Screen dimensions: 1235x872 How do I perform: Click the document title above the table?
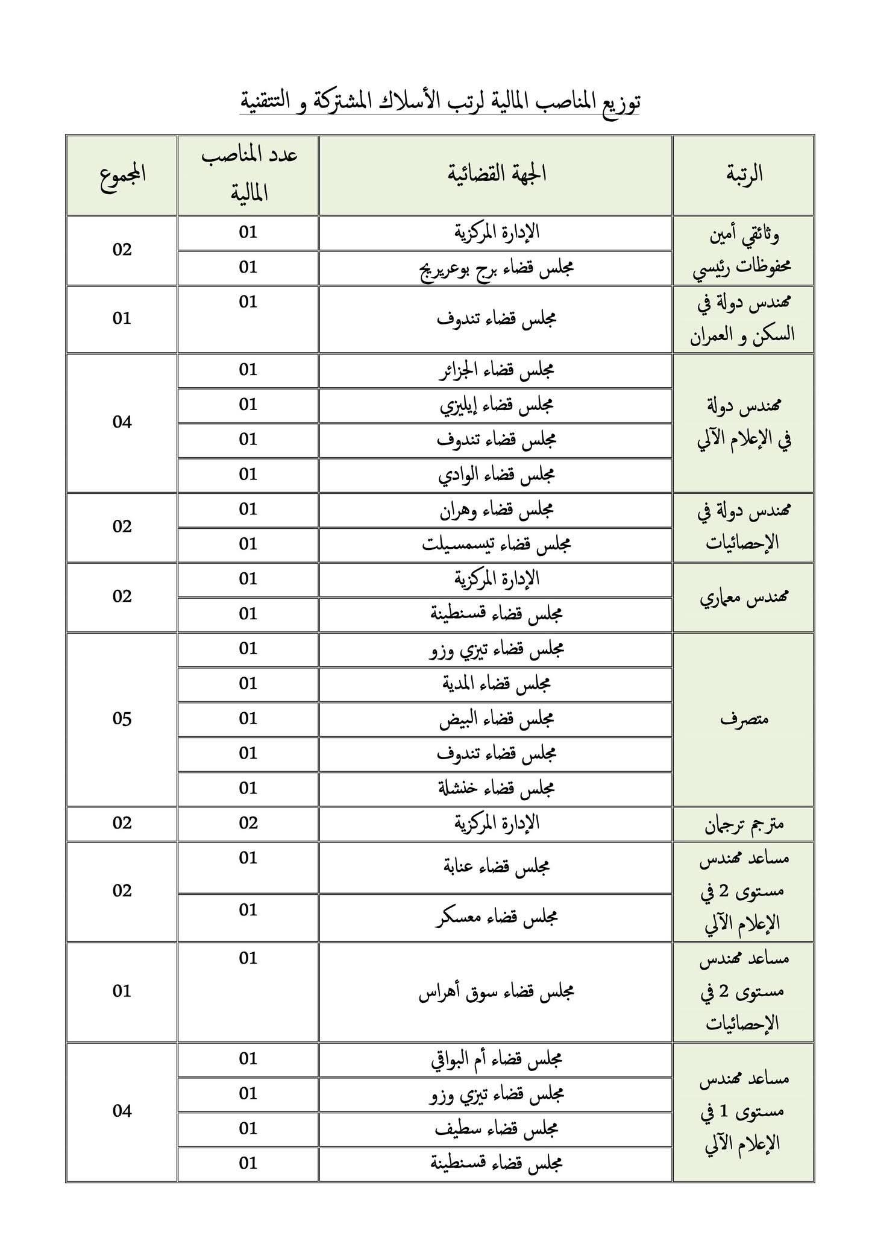440,101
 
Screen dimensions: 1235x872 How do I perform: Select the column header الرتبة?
744,174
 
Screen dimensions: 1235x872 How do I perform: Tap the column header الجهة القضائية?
496,174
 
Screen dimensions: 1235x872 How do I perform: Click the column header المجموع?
122,174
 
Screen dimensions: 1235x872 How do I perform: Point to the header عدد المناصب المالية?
248,174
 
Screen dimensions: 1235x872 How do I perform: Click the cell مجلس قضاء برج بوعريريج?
496,268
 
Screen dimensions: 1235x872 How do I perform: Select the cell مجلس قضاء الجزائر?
496,370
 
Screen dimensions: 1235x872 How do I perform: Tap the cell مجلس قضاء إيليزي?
496,405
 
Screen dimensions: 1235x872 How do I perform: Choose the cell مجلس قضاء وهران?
496,510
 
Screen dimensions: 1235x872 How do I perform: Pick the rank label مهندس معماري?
744,598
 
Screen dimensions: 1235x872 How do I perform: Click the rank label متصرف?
744,719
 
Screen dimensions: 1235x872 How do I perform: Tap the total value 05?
122,719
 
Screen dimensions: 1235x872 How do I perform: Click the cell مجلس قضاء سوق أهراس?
496,992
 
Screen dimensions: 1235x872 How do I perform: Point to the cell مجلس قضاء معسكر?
496,917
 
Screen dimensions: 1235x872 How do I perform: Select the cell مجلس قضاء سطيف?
496,1129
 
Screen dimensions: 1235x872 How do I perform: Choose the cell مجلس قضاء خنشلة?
496,789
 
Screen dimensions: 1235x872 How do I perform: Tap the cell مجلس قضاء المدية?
496,684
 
